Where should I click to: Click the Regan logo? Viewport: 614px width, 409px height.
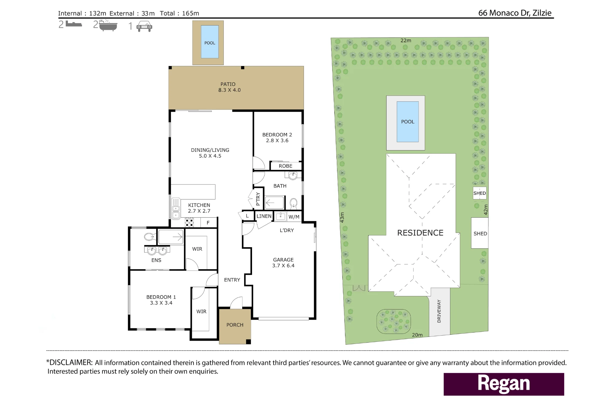[504, 384]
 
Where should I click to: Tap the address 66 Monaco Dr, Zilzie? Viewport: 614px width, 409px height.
[515, 13]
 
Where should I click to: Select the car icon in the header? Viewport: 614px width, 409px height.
[144, 26]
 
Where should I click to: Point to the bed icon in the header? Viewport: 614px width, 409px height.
[74, 24]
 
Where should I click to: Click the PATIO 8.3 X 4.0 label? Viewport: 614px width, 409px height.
[229, 87]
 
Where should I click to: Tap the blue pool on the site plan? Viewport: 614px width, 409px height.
[408, 122]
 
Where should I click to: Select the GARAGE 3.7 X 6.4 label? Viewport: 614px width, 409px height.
[283, 263]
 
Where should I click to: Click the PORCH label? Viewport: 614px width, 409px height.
[235, 325]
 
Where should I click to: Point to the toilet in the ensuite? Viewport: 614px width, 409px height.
[150, 237]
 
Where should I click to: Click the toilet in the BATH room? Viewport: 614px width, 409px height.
[293, 203]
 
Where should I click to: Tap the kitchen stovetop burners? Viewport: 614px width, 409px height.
[189, 222]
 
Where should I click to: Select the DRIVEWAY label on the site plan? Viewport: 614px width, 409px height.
[439, 311]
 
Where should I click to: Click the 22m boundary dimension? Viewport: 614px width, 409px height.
[406, 41]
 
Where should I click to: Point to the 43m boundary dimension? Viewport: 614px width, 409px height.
[342, 217]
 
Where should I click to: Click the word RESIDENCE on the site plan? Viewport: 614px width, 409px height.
[420, 233]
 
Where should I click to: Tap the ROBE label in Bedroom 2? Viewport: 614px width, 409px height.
[286, 166]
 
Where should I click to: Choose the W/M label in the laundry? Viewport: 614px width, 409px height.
[294, 217]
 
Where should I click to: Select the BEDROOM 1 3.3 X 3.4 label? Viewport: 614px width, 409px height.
[161, 300]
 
